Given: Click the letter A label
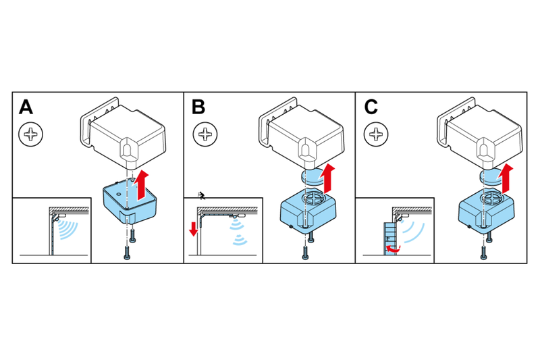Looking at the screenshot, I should pos(26,107).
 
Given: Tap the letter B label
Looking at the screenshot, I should pos(198,107).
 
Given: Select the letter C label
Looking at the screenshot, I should pos(371,107).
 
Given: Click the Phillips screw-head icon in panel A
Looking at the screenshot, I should pos(30,134).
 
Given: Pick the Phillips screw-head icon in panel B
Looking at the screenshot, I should pos(205,134).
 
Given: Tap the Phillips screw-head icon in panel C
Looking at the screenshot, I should pos(376,134).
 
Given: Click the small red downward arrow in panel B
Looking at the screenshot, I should pos(194,227).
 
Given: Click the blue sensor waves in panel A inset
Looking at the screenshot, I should pos(68,227).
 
